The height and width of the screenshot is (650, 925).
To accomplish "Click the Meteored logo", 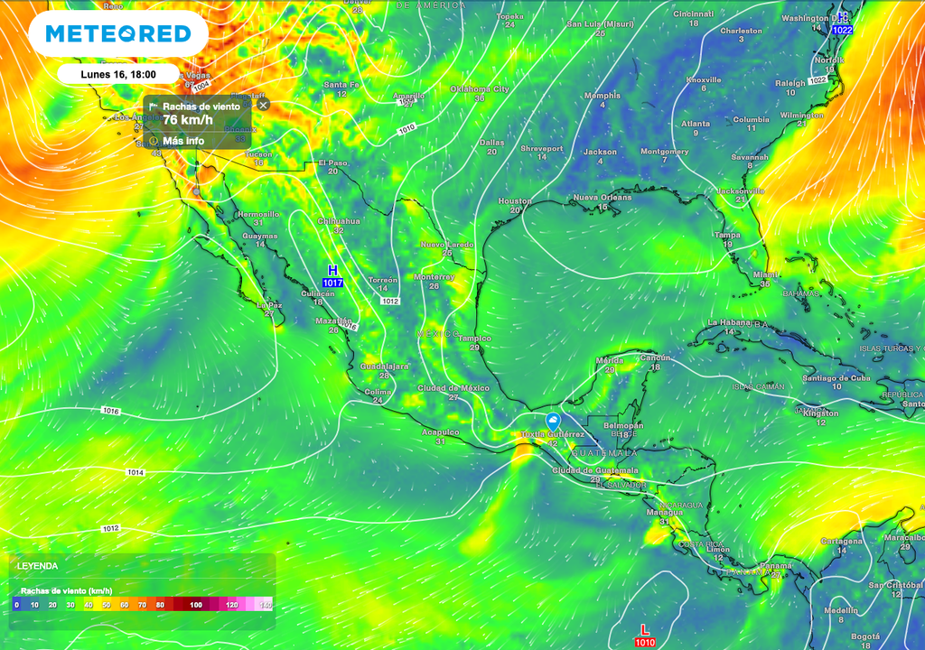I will point(118,34).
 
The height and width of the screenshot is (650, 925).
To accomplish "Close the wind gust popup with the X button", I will point(263,105).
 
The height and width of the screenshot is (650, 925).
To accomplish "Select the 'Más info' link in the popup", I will point(182,141).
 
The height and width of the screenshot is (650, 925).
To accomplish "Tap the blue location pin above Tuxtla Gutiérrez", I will point(553,421).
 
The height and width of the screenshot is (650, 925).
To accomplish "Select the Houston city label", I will point(515,201).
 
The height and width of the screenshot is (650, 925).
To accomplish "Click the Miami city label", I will point(765,274).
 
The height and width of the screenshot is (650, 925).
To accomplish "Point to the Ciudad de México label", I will point(453,387).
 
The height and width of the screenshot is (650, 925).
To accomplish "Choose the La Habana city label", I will point(729,322).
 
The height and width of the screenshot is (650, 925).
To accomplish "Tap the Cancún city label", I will point(656,357).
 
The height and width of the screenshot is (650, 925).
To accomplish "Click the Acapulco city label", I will point(440,432).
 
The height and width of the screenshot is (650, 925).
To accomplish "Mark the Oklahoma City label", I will point(480,89).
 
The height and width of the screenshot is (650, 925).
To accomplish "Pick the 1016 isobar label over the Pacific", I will point(110,411).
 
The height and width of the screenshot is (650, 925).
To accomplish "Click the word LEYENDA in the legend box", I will point(37,566).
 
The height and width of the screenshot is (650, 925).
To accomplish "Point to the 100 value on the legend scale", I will point(195,604).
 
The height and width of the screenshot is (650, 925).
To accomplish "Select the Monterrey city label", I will point(434,276).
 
